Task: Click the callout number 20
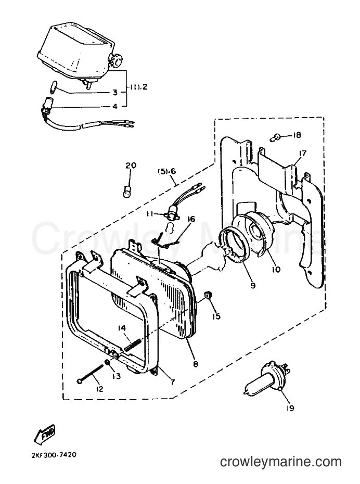(131, 166)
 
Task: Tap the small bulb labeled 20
(126, 192)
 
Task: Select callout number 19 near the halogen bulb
(290, 408)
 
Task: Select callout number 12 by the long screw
(100, 389)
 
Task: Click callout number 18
(297, 135)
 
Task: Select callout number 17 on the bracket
(302, 153)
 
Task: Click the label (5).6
(167, 171)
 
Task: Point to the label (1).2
(138, 87)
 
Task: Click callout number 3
(115, 92)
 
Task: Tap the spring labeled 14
(133, 345)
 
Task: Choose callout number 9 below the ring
(253, 286)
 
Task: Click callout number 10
(276, 270)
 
